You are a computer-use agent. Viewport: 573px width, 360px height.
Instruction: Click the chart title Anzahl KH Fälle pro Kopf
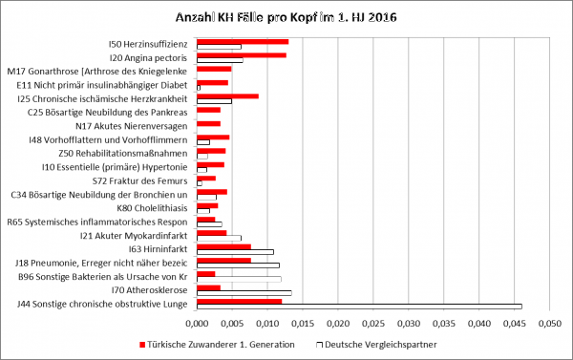(x=286, y=17)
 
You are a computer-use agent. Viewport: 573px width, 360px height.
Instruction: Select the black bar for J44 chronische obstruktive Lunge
(x=359, y=307)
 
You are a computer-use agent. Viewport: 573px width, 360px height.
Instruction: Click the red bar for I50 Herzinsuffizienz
(x=243, y=41)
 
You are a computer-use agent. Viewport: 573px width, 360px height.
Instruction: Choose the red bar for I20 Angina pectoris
(x=242, y=55)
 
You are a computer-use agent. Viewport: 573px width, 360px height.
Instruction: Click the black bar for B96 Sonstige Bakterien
(x=239, y=279)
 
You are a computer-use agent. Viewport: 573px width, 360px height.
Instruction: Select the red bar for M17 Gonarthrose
(x=214, y=69)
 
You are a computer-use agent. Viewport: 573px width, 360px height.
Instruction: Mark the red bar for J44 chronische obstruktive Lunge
(x=239, y=301)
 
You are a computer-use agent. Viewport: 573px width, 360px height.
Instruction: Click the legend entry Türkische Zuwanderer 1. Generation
(x=221, y=343)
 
